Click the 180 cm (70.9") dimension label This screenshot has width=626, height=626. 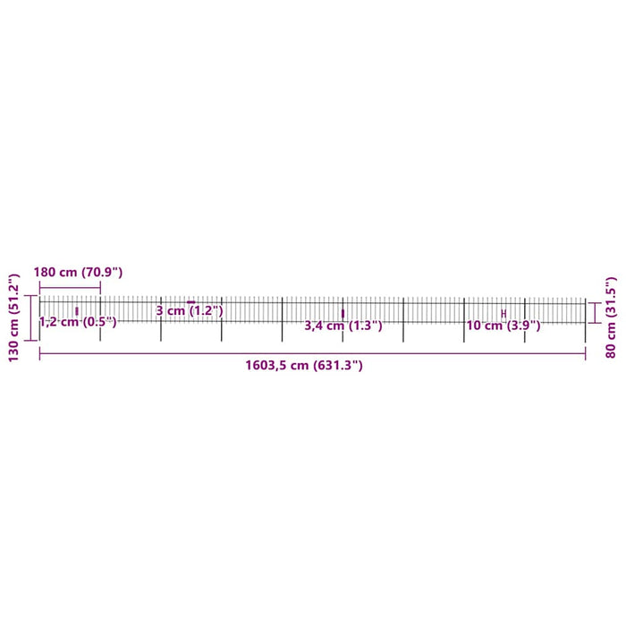tap(78, 272)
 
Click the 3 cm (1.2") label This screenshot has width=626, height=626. tap(189, 311)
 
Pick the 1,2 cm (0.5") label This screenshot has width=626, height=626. tap(78, 322)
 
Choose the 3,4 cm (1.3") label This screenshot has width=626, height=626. tap(343, 326)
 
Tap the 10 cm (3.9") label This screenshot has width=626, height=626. tap(503, 326)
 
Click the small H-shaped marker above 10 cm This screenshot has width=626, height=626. tap(503, 313)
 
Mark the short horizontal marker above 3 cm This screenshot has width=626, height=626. tap(190, 302)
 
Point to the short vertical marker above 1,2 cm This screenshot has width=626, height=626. tap(77, 310)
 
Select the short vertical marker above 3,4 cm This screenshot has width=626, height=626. tap(343, 313)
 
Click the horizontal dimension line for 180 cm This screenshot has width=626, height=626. tap(70, 286)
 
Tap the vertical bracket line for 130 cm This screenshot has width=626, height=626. tap(32, 317)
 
